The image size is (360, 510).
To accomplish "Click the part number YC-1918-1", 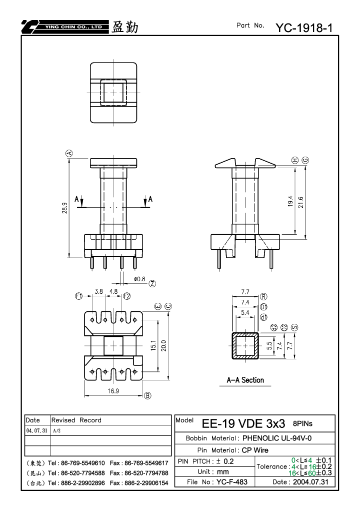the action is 304,28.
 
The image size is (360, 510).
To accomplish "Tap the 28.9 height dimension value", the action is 64,208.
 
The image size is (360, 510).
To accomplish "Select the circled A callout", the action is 69,153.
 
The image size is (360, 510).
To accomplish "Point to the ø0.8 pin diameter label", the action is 139,279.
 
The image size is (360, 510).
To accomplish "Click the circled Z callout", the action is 152,284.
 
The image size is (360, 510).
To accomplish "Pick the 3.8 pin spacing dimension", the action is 99,291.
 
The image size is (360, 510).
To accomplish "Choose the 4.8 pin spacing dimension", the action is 113,291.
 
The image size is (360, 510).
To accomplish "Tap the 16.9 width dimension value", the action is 113,391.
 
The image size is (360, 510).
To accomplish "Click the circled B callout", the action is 147,395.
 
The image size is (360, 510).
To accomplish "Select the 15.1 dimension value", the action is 153,345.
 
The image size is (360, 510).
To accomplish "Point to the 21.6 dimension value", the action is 300,202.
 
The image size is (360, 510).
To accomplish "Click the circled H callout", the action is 295,160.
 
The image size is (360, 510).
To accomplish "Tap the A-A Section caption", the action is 245,380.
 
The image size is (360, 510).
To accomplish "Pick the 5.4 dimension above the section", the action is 245,313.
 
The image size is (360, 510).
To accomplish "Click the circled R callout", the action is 263,296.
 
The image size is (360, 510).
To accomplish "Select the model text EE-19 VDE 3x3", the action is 243,423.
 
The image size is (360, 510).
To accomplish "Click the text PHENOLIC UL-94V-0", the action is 277,438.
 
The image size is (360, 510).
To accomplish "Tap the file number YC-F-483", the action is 231,481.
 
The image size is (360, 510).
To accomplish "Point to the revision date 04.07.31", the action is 36,430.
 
